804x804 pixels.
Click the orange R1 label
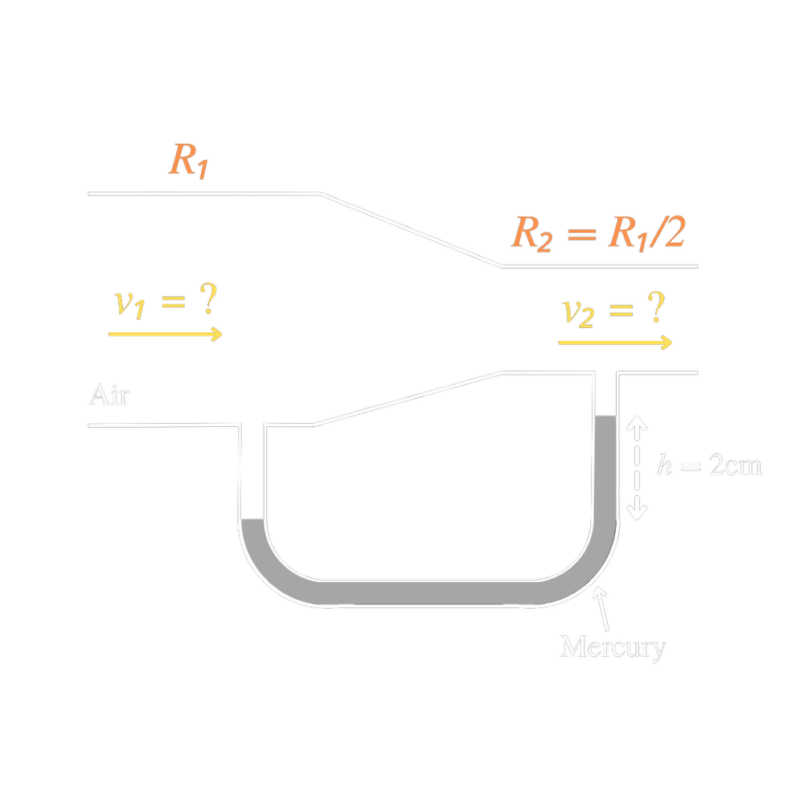click(189, 159)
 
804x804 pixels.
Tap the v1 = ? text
click(166, 302)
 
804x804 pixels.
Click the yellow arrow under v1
click(166, 334)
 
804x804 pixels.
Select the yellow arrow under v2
click(615, 343)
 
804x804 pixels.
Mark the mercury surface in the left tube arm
click(252, 519)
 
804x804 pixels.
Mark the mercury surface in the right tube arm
click(605, 416)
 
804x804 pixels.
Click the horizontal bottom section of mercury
click(426, 592)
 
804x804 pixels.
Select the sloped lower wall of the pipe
click(406, 398)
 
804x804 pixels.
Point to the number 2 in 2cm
click(716, 466)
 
